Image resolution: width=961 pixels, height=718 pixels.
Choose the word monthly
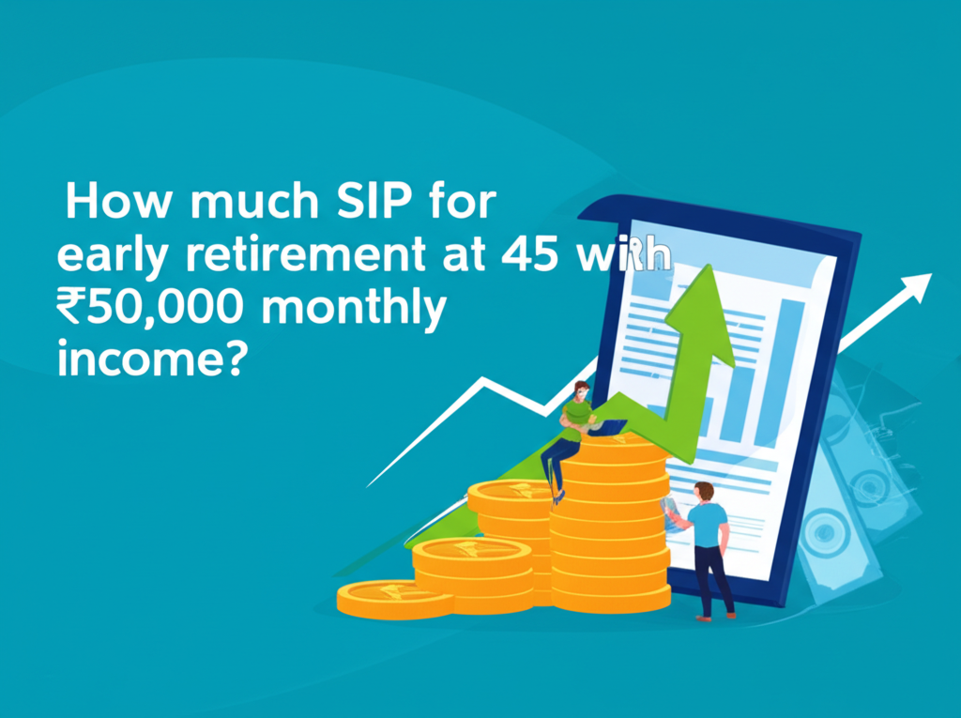pyautogui.click(x=376, y=310)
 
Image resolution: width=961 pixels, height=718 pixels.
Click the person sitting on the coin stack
pyautogui.click(x=574, y=427)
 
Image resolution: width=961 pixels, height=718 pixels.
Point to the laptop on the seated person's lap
pyautogui.click(x=611, y=428)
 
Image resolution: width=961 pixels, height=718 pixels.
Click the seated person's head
pyautogui.click(x=582, y=390)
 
